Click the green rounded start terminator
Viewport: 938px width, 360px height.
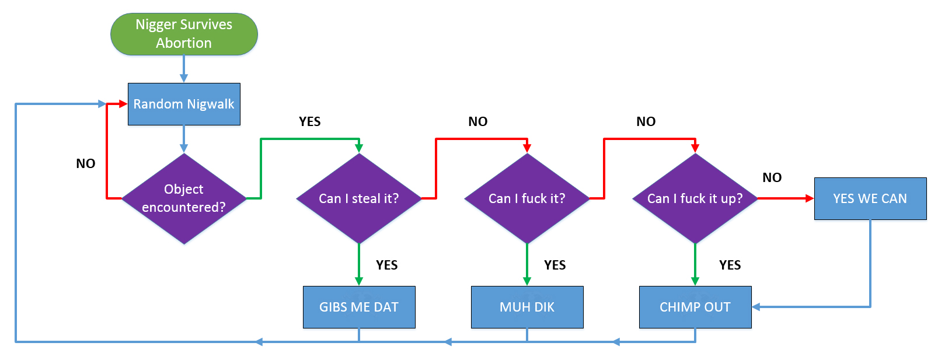184,34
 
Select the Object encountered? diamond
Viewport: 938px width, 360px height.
184,198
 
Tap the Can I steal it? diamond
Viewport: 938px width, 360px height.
359,198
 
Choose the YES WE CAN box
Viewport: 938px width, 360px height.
870,198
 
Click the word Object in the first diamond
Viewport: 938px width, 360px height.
184,189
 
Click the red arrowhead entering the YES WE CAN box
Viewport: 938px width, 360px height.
810,198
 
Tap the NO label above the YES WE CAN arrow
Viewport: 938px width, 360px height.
772,177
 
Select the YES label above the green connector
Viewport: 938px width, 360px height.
309,121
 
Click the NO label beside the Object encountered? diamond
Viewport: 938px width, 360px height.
85,164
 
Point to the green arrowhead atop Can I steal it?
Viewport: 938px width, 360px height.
359,148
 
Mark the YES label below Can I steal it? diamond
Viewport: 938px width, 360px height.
386,265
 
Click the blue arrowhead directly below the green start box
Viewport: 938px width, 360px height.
184,78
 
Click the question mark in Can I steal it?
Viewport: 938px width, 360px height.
395,198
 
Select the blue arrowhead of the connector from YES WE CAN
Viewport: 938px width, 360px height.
756,307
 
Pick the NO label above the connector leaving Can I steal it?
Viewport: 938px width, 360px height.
478,121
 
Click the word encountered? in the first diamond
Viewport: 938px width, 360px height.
184,207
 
